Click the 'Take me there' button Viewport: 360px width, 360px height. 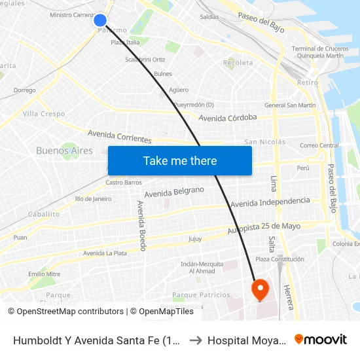click(x=180, y=161)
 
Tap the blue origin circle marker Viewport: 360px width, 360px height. click(x=100, y=21)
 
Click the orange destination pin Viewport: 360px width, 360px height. click(x=260, y=289)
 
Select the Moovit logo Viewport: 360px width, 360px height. click(x=321, y=340)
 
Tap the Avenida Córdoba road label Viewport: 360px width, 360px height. click(x=227, y=118)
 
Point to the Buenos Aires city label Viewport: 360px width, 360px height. click(x=64, y=151)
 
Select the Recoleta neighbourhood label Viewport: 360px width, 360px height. click(x=238, y=63)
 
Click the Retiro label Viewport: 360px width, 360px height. click(x=307, y=82)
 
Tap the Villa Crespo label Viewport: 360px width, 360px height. click(x=44, y=114)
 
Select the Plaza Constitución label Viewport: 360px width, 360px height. click(x=279, y=259)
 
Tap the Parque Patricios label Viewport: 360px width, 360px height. click(x=201, y=295)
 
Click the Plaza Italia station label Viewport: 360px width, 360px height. click(x=125, y=43)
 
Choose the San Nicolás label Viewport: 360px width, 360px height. click(x=264, y=142)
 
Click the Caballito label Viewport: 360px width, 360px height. click(x=44, y=214)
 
